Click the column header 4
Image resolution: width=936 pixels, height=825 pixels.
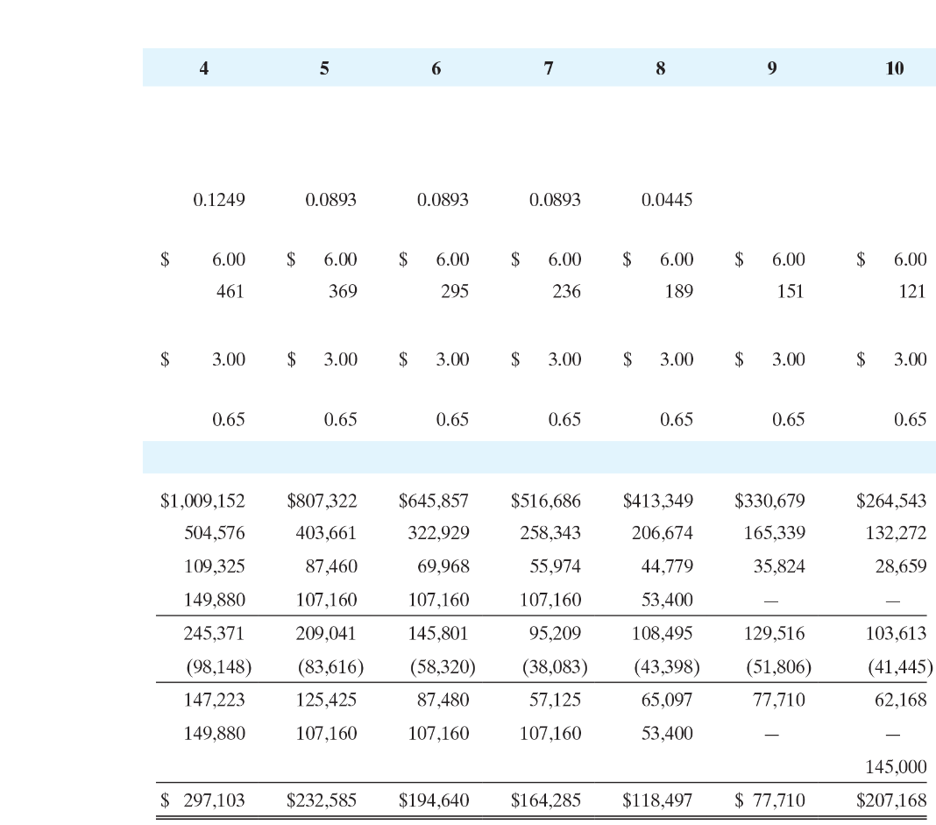pos(204,68)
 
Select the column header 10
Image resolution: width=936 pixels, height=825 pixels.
pos(894,68)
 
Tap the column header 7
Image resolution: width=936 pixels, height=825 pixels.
pos(549,68)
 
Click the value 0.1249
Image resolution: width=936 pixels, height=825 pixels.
pos(219,200)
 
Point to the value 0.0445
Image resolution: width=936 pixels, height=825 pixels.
pos(667,200)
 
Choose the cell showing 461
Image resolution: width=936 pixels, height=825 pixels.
pos(230,291)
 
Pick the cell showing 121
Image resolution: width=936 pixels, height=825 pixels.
pos(912,291)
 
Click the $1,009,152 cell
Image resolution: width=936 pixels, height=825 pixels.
pos(202,501)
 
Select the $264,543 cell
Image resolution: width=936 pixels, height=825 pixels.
pos(891,501)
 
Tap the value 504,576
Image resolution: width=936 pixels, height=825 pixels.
pos(215,533)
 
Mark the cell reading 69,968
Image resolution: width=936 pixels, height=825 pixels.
pos(443,566)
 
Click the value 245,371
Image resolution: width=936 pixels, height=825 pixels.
pos(215,633)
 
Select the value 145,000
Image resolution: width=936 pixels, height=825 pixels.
pos(896,767)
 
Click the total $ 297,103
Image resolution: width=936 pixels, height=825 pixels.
pos(202,800)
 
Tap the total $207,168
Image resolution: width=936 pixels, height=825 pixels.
pos(891,800)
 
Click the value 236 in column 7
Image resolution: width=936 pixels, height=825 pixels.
pos(566,291)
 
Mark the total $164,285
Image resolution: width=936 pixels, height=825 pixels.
pos(546,800)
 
